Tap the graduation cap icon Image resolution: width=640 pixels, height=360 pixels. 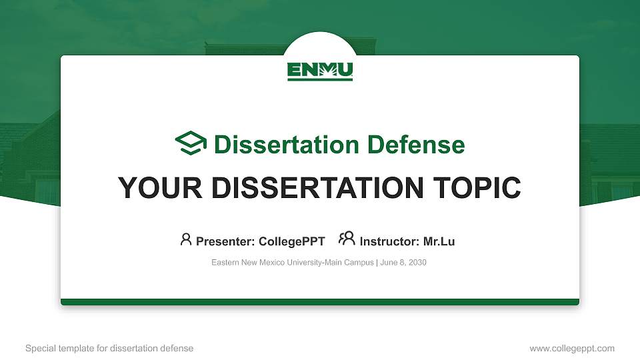pyautogui.click(x=191, y=144)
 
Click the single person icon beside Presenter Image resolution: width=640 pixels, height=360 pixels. pyautogui.click(x=186, y=239)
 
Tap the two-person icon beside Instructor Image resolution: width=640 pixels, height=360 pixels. pyautogui.click(x=347, y=239)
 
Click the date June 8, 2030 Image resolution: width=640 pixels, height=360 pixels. pyautogui.click(x=403, y=263)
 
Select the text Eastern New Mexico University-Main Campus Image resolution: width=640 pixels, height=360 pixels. pyautogui.click(x=293, y=263)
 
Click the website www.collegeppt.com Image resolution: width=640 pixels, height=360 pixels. pyautogui.click(x=571, y=349)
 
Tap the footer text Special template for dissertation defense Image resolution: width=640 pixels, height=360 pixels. pyautogui.click(x=109, y=349)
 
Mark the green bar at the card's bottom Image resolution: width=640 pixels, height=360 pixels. pyautogui.click(x=320, y=302)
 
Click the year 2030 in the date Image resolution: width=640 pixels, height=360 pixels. pyautogui.click(x=417, y=263)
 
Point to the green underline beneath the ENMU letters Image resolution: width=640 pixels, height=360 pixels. pyautogui.click(x=320, y=80)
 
